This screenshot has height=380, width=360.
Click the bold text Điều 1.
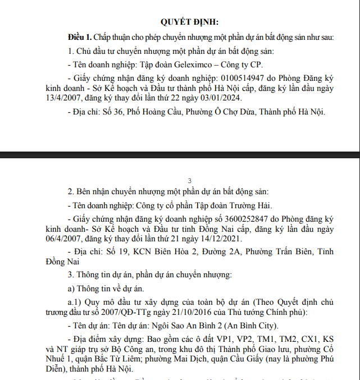[79, 37]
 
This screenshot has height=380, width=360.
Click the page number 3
[190, 181]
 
